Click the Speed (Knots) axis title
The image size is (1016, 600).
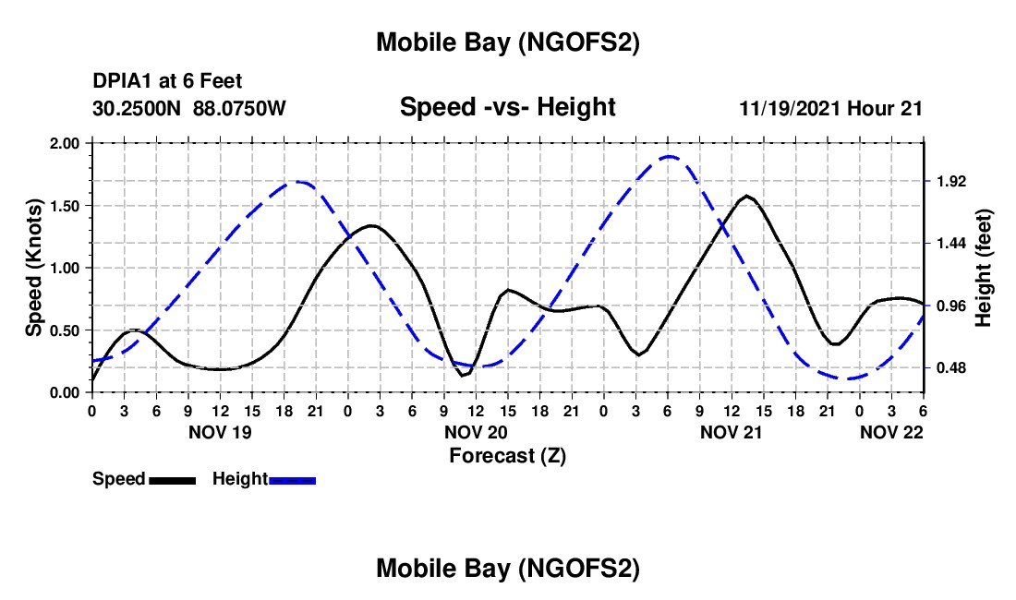pos(34,268)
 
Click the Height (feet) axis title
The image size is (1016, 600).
pos(984,268)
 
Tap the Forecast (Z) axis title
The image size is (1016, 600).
pos(507,455)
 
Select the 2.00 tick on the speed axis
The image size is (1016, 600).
pos(66,143)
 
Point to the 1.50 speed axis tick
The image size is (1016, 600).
pos(66,206)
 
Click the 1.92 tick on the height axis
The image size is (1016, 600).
pos(950,181)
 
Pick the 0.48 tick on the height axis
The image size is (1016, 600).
pos(950,368)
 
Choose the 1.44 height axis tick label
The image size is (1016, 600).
pos(950,244)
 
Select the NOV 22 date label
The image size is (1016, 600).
pos(892,432)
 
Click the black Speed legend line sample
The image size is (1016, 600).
pos(172,480)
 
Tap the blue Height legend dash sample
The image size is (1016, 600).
pos(292,480)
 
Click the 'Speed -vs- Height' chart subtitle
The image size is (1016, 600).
pos(507,107)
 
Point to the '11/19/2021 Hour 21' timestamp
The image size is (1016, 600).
pos(831,108)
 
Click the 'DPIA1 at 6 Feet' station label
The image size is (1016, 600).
pos(167,81)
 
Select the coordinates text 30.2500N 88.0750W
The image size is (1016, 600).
pos(189,108)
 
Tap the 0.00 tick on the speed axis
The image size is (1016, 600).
pos(66,393)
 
